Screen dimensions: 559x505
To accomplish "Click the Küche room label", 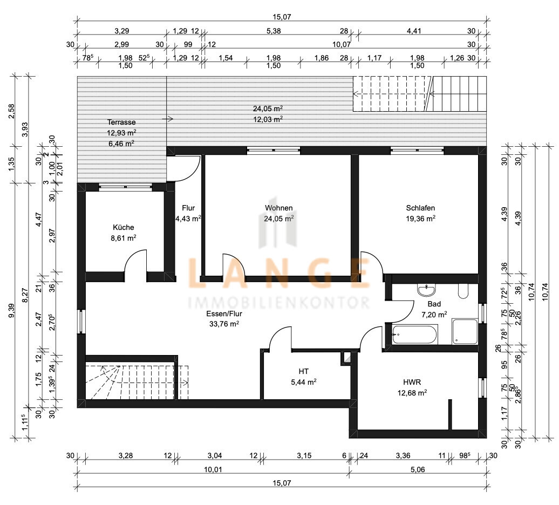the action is click(124, 227).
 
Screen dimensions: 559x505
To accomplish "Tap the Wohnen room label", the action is click(279, 208).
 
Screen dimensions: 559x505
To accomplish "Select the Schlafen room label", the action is click(420, 208).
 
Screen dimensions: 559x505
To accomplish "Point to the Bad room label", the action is click(434, 304).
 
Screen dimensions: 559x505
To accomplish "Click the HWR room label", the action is click(412, 383).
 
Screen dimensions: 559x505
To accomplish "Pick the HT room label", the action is click(304, 372).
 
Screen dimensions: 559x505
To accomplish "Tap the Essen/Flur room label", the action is click(224, 314).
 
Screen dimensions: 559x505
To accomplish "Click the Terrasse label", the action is click(121, 122).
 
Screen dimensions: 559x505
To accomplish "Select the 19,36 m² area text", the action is click(421, 219).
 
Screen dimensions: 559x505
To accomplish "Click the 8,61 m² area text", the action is click(124, 238).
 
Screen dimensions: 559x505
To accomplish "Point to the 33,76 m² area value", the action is click(224, 324).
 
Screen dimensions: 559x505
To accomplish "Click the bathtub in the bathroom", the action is click(415, 335).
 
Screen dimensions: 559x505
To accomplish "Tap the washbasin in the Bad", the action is click(426, 290).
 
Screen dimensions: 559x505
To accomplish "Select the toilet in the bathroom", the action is click(463, 291).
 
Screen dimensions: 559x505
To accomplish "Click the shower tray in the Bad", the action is click(465, 332).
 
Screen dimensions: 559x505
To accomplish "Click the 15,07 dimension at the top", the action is click(282, 17).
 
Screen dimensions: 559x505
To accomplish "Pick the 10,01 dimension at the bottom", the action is click(213, 469).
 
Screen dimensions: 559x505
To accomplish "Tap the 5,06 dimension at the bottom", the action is click(418, 469).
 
